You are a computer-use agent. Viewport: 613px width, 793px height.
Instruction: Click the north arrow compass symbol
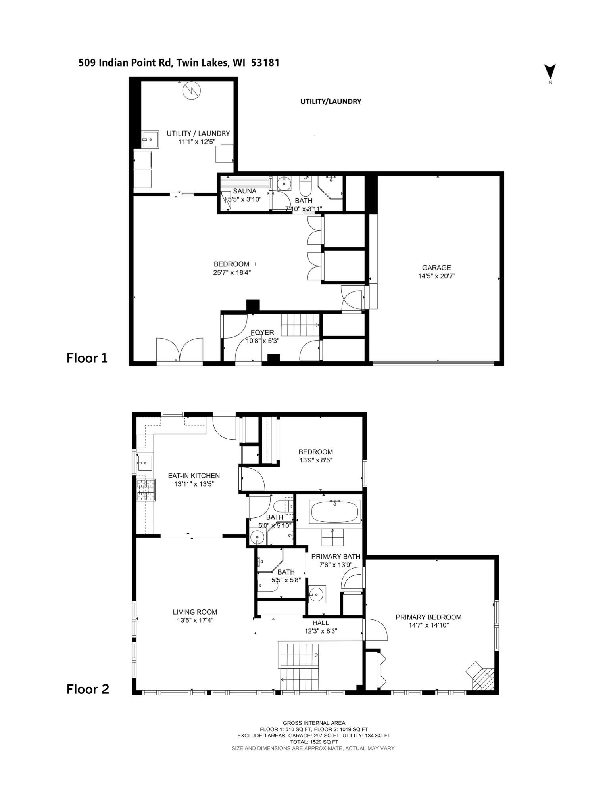pos(550,72)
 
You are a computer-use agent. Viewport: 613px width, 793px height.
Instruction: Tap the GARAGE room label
pos(436,268)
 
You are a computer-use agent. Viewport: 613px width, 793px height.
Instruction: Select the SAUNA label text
pos(244,191)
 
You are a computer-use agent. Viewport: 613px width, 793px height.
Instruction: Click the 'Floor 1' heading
pos(87,358)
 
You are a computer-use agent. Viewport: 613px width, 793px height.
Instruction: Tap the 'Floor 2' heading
pos(87,689)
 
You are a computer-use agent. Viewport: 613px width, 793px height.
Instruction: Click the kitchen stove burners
pos(145,490)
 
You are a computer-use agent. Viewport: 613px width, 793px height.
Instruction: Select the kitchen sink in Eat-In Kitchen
pos(145,462)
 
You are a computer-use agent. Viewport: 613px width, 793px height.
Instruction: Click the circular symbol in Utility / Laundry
pos(192,91)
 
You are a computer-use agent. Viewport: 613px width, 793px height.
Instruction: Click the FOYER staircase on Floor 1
pos(301,325)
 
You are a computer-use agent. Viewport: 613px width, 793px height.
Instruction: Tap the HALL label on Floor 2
pos(321,623)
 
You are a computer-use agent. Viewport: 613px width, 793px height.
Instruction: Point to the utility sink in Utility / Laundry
pos(150,139)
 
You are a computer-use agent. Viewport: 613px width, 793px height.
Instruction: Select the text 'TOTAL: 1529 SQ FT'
pos(314,742)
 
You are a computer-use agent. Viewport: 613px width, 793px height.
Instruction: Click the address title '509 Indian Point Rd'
pos(125,63)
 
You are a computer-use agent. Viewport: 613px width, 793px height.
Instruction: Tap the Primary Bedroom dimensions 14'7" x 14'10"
pos(429,625)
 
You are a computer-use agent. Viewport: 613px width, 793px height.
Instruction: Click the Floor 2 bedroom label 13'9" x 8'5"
pos(315,460)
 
